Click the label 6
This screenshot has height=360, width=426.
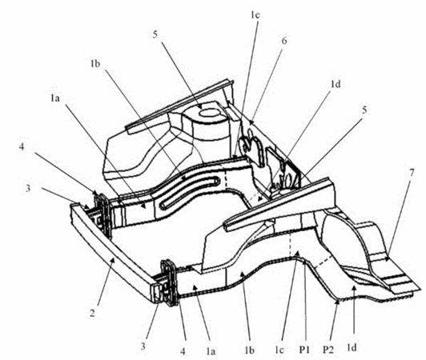[x=284, y=41]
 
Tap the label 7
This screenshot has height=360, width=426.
[x=412, y=173]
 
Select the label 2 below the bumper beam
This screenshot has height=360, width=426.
[x=92, y=313]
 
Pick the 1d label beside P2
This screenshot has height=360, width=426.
[x=352, y=348]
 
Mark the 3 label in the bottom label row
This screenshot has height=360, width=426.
[x=143, y=346]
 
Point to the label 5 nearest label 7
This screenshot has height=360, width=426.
[x=364, y=110]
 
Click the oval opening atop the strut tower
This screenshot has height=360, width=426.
[x=210, y=113]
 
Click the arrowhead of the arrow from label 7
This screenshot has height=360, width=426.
[x=388, y=259]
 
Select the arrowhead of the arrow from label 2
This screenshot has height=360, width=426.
[x=113, y=259]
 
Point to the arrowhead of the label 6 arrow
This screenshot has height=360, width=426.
[x=251, y=122]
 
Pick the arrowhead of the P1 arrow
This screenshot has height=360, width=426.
[x=305, y=263]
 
